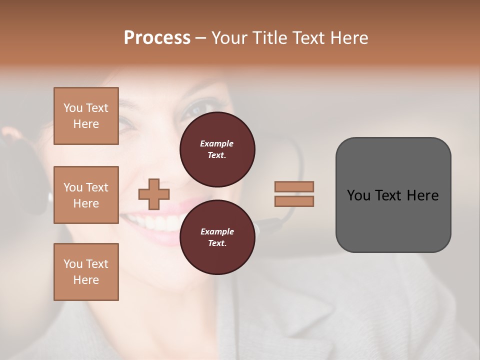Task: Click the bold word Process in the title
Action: pos(157,38)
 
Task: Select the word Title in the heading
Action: pos(269,38)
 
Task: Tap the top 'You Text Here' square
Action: pos(86,116)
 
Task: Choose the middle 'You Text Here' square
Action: pos(86,195)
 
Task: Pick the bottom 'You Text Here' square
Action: pos(86,272)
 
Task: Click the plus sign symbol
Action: pos(154,194)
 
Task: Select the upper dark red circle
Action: pos(217,149)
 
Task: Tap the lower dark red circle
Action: pos(217,237)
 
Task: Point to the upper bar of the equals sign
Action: pos(294,186)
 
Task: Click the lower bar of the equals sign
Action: pos(294,201)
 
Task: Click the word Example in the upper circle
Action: pos(216,143)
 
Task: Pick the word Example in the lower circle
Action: pos(217,231)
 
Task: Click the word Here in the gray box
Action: pos(422,195)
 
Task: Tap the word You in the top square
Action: pos(73,108)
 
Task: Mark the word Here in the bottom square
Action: pos(86,280)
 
